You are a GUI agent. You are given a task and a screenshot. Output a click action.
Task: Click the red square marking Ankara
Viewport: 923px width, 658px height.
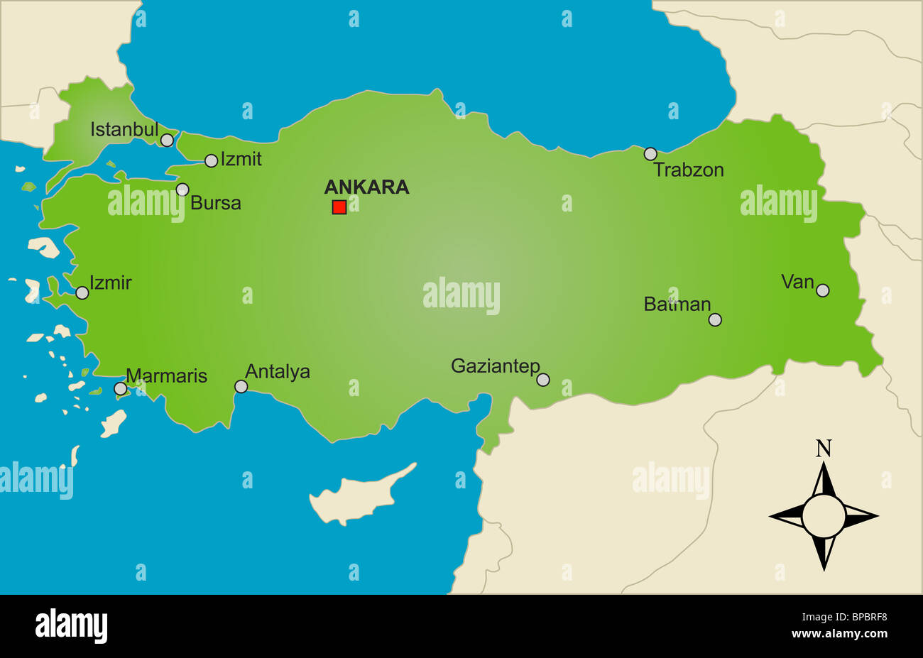tap(339, 207)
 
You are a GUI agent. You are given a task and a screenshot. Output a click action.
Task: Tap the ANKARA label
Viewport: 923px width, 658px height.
tap(366, 187)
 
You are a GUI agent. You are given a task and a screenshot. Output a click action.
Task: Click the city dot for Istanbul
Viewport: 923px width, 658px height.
tap(167, 141)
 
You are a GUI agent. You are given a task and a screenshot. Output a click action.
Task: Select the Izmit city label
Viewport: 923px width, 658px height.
tap(241, 159)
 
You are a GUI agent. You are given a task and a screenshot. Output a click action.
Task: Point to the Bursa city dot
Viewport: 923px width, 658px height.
tap(182, 190)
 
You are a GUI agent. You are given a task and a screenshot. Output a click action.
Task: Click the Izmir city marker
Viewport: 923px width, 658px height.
tap(82, 292)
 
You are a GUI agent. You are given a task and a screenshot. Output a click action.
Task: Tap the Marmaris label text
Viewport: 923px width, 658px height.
tap(166, 375)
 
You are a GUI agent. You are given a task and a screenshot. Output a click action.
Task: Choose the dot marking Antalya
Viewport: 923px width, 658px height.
tap(241, 387)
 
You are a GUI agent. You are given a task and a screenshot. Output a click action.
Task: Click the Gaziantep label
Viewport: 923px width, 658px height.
tap(496, 366)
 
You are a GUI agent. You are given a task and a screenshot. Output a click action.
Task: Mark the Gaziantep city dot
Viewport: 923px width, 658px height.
tap(543, 380)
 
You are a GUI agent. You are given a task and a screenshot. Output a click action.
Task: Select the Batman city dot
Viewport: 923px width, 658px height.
tap(715, 319)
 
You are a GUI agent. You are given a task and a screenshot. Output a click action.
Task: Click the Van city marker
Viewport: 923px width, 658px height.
tap(822, 290)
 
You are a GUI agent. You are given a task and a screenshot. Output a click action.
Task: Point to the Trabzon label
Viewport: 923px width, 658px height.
tap(688, 170)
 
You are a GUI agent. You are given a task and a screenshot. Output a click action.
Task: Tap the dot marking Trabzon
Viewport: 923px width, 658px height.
tap(650, 153)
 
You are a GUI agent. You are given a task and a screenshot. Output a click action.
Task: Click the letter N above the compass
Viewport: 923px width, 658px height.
tap(824, 449)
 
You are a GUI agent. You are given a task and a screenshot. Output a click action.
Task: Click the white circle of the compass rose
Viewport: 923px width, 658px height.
tap(824, 516)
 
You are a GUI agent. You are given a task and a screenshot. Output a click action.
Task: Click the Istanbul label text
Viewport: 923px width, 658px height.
tap(124, 130)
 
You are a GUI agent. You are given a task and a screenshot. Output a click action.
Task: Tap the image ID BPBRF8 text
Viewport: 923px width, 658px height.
tap(863, 618)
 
